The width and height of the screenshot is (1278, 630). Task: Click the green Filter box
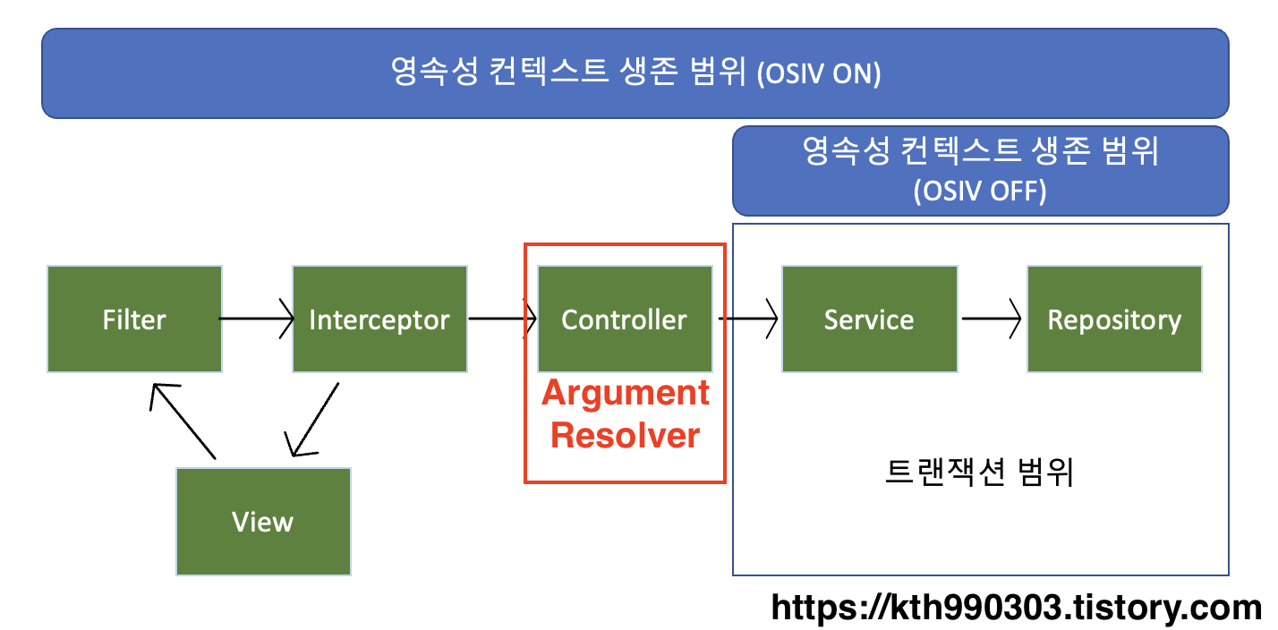point(134,319)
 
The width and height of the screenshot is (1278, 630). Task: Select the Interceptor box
point(379,319)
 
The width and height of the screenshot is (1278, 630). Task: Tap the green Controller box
point(625,319)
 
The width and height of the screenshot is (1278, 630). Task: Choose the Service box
point(869,319)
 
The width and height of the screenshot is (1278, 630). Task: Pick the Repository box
point(1114,319)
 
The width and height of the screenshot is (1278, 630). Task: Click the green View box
point(263,522)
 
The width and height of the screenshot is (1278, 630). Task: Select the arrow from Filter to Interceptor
point(257,319)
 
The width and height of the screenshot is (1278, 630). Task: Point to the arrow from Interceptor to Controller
point(502,319)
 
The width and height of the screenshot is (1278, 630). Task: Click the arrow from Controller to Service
point(747,319)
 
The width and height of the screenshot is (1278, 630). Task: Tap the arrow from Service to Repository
point(992,319)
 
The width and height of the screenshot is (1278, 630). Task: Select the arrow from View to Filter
point(183,421)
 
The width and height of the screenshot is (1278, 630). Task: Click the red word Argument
point(626,393)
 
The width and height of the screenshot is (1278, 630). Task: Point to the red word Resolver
point(625,436)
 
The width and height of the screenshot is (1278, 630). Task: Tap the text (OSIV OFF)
point(980,192)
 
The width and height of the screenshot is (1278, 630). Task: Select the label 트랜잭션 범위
point(979,472)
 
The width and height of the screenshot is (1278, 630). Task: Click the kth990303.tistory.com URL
point(1016,609)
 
